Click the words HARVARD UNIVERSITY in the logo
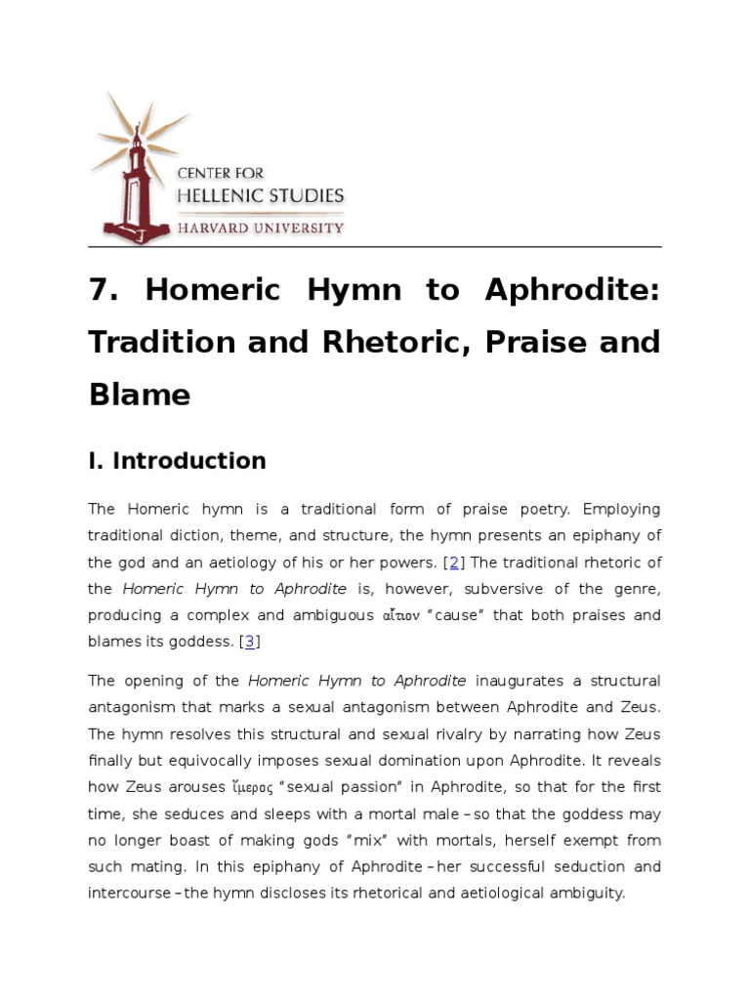[259, 228]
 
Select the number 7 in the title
[98, 291]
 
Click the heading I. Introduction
[177, 461]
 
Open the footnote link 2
[454, 562]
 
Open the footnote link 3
[250, 641]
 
